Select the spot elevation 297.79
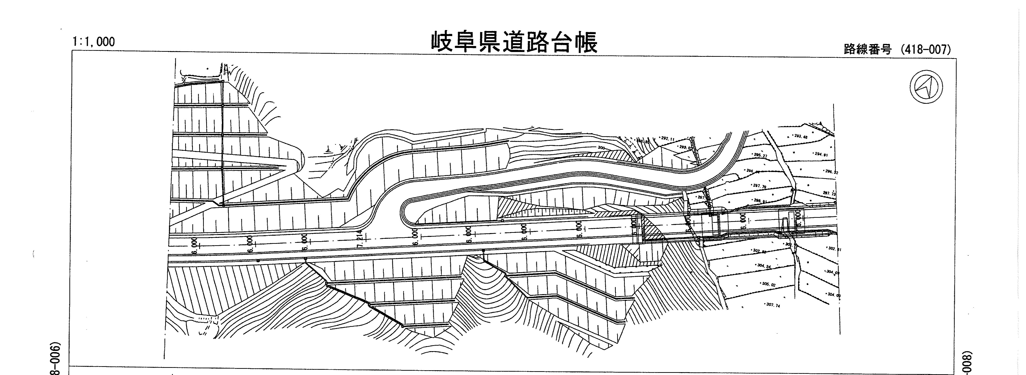pyautogui.click(x=759, y=186)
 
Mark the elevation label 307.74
pyautogui.click(x=773, y=305)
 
